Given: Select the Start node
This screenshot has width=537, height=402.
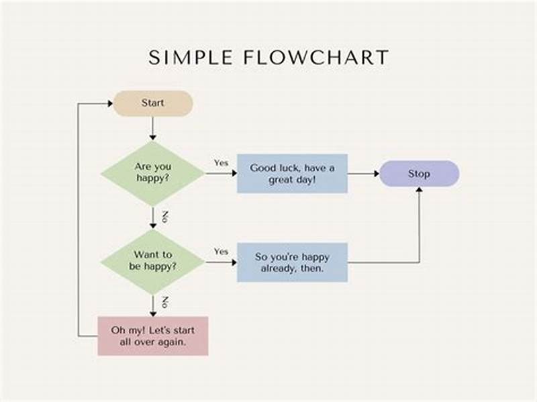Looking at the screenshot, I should tap(152, 103).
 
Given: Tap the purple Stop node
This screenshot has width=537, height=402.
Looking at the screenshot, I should tap(419, 174).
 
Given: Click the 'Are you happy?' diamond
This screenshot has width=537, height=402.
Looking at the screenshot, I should tap(152, 173).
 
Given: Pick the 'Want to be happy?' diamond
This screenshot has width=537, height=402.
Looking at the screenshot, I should tap(152, 260).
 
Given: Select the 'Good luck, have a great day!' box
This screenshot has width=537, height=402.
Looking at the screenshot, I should tap(292, 173).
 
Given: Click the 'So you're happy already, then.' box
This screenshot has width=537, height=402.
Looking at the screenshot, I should tap(292, 262).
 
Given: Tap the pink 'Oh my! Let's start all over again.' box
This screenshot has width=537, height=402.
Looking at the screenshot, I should tap(152, 336).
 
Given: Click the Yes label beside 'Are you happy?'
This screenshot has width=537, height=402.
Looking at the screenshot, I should tap(221, 163).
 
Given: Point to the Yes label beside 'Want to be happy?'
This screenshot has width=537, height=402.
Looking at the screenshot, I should tap(221, 251).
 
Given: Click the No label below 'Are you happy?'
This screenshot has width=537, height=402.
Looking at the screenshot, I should tap(164, 217).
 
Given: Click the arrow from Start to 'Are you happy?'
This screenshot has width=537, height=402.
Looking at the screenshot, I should tap(152, 128).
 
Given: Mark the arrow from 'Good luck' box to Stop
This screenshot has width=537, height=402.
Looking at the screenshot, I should tap(363, 174).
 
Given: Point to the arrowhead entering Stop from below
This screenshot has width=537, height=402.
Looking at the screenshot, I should tap(419, 191).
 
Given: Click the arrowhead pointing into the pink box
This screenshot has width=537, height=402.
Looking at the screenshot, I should tap(152, 312).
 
